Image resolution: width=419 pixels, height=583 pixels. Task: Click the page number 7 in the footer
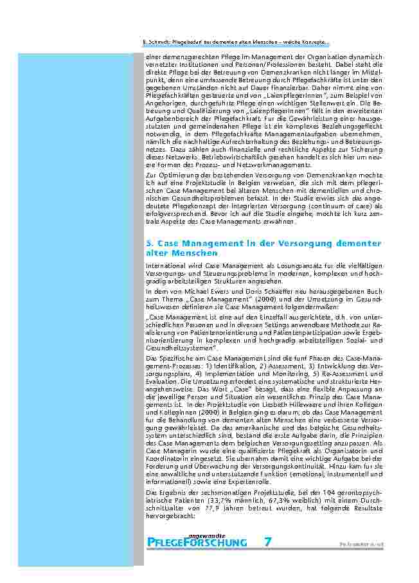coord(267,542)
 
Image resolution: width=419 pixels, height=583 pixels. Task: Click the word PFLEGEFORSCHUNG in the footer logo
coord(197,543)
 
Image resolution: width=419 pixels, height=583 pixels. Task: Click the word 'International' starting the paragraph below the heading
coord(163,265)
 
